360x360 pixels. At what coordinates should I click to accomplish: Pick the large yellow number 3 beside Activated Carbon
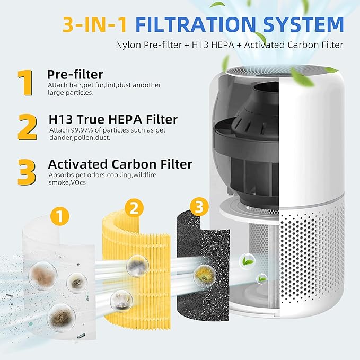pyautogui.click(x=27, y=172)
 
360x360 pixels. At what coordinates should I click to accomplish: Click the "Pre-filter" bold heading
pyautogui.click(x=75, y=74)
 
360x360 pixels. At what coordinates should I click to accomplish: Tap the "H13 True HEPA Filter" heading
pyautogui.click(x=112, y=119)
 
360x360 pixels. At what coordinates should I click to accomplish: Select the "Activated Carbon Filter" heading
pyautogui.click(x=120, y=164)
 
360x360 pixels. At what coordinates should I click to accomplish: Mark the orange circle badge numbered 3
pyautogui.click(x=199, y=207)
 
